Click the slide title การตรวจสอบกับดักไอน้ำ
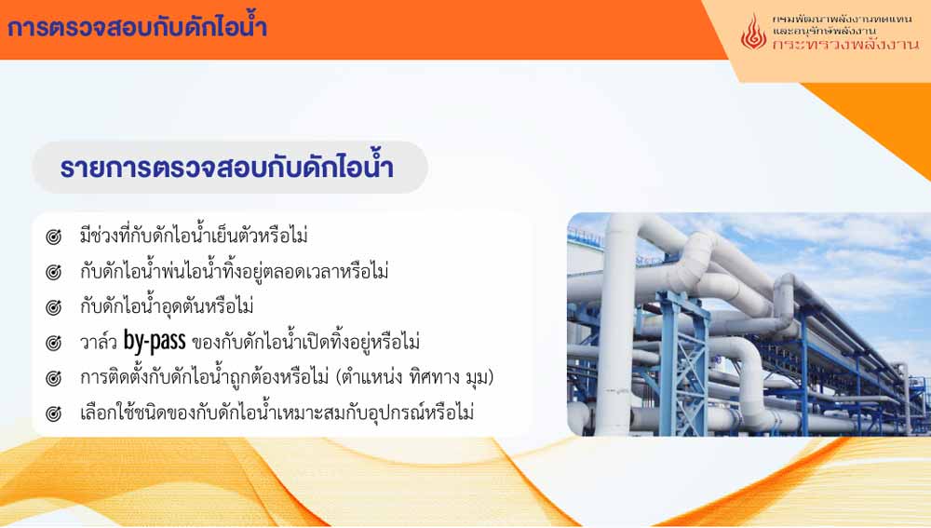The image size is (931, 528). [137, 27]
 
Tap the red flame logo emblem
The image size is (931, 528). [753, 32]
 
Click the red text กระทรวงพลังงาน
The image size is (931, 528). [845, 45]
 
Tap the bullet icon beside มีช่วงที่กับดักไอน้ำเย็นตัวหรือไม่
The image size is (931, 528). [53, 237]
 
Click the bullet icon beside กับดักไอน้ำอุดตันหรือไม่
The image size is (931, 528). [53, 307]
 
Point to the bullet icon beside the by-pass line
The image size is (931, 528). [53, 344]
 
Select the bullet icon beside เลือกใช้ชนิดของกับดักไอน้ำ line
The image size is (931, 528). [53, 413]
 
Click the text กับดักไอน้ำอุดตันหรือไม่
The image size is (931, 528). [167, 305]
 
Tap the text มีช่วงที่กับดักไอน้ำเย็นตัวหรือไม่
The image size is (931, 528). [195, 235]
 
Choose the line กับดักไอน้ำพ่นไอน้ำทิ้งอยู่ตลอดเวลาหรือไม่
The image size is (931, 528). [235, 270]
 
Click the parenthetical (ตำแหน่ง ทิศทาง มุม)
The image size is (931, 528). [414, 377]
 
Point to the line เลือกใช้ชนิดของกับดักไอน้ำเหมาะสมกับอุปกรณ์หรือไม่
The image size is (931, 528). [277, 411]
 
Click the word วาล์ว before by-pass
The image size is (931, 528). [99, 343]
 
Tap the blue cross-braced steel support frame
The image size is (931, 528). [682, 362]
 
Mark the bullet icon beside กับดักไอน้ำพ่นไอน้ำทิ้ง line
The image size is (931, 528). [53, 273]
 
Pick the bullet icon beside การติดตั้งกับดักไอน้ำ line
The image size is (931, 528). [53, 378]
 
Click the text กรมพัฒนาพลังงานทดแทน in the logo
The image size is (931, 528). [842, 19]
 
